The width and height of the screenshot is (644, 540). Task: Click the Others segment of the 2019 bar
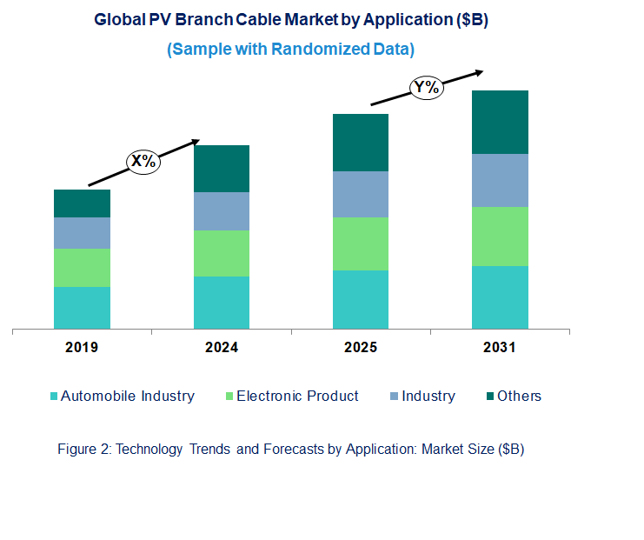82,203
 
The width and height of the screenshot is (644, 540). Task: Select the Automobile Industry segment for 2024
221,303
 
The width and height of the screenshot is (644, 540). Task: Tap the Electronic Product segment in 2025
360,243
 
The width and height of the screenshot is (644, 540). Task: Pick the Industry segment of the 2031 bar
500,180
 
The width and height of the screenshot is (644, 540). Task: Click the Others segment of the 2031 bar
500,122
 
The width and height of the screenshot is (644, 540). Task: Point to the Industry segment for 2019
82,233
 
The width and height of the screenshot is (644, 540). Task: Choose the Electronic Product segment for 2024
221,253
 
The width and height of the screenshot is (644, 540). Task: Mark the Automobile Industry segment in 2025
360,299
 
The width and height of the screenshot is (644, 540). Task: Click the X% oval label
143,161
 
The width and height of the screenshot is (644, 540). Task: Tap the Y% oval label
426,87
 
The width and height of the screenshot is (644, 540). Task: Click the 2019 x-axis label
82,348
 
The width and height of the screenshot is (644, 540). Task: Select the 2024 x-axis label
221,348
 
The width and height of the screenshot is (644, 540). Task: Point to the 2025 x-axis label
360,348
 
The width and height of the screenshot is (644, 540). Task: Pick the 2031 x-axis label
500,348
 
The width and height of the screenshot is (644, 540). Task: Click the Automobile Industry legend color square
54,397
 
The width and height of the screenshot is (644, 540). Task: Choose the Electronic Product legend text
297,397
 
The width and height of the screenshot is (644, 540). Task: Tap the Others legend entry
519,397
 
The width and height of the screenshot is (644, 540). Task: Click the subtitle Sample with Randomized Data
290,50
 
